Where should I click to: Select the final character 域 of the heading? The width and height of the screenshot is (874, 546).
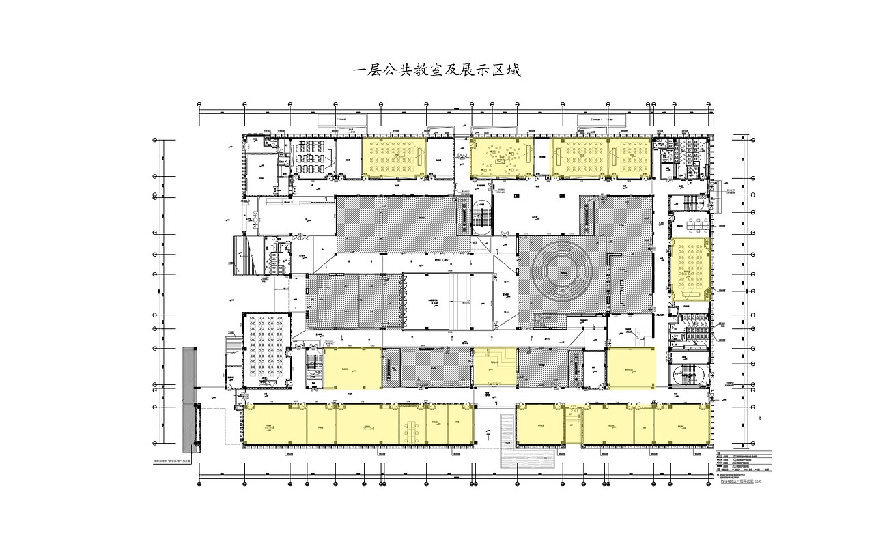click(513, 70)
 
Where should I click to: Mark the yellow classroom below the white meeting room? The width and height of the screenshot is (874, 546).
click(691, 269)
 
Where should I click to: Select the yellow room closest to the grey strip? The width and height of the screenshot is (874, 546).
click(274, 425)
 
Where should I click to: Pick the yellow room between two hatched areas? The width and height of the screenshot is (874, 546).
click(495, 367)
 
